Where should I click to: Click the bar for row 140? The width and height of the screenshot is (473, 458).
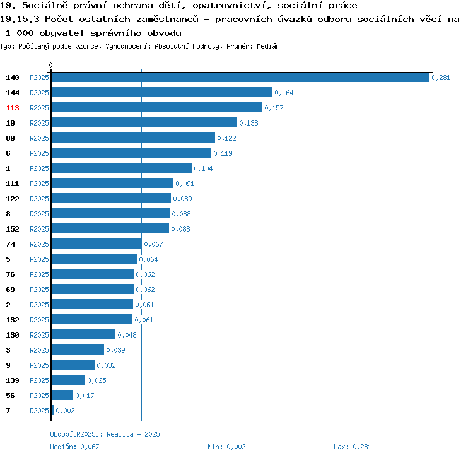point(240,78)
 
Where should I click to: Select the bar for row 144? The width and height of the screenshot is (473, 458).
point(161,93)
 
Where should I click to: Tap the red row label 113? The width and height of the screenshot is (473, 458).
point(13,108)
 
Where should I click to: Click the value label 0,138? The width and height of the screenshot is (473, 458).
point(248,123)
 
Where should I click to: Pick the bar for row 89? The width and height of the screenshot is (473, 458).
point(133,138)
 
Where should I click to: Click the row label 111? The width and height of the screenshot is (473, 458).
point(13,184)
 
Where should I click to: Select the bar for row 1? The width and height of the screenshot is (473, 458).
point(121,168)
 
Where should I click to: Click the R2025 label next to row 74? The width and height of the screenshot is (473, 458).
point(39,244)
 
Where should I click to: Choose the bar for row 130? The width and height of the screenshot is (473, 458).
point(83,335)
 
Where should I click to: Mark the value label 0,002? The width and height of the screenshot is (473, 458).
point(65,411)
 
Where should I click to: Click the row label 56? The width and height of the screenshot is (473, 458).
point(10,396)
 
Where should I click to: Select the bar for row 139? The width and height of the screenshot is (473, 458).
point(68,380)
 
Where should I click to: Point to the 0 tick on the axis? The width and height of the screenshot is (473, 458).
point(51,65)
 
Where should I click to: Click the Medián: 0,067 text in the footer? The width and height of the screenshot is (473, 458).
point(74,447)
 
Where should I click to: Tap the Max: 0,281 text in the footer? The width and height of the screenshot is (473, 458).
point(353,447)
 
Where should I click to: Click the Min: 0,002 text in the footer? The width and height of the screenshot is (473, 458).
point(226,447)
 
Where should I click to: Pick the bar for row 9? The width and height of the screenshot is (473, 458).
point(73,365)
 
